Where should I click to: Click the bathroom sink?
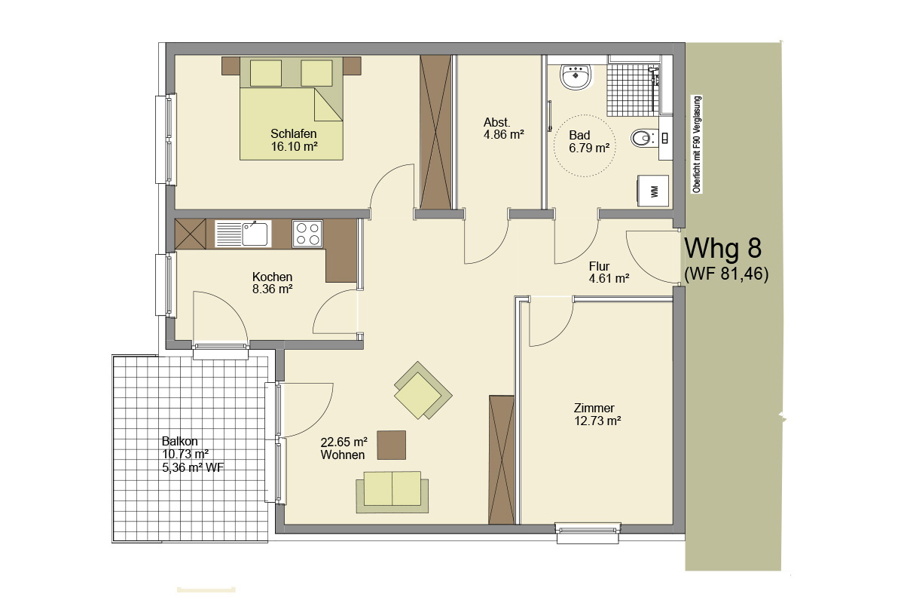[x=576, y=77]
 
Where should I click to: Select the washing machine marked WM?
[x=653, y=191]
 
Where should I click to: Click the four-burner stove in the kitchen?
[x=307, y=234]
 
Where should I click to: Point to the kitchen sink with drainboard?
[x=243, y=234]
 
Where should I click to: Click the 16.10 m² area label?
[x=295, y=146]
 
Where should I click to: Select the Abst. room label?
[x=496, y=122]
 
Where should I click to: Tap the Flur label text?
[x=599, y=266]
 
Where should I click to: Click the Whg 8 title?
[x=723, y=248]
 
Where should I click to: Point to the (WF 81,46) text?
[x=726, y=274]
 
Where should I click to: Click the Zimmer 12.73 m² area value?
[x=597, y=421]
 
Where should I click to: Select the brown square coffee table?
[x=392, y=445]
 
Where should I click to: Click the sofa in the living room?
[x=392, y=492]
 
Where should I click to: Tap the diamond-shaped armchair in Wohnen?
[x=423, y=390]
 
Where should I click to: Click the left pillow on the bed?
[x=265, y=73]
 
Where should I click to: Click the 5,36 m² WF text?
[x=193, y=467]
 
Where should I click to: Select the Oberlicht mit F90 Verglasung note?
[x=697, y=144]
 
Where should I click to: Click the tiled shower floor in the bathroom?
[x=632, y=90]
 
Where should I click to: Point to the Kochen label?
[x=272, y=277]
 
